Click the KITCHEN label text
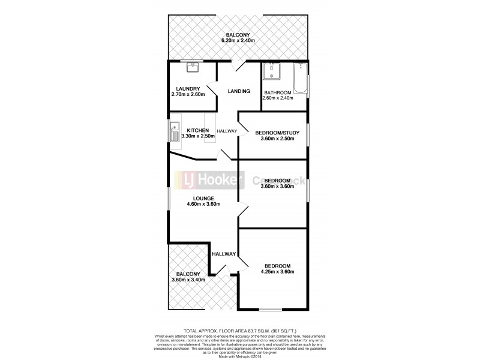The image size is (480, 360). (x=197, y=131)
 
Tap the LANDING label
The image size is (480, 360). (x=239, y=91)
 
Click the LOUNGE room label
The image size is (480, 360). (x=203, y=199)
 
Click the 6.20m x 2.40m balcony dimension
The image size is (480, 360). (x=239, y=40)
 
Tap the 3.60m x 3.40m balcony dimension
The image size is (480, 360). (x=188, y=280)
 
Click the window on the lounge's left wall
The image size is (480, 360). (x=169, y=198)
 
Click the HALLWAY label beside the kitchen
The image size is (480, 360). (x=227, y=131)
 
